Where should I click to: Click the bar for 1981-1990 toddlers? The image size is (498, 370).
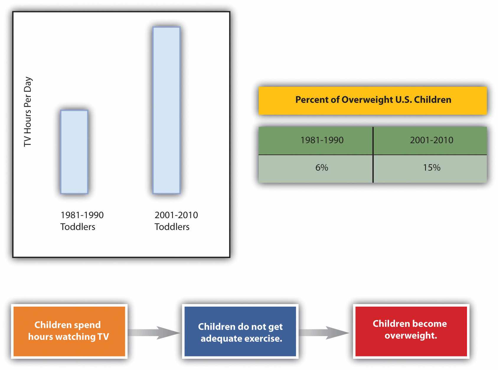coord(74,152)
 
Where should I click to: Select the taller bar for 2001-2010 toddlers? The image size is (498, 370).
coord(166,110)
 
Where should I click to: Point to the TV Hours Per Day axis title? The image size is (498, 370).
coord(28,111)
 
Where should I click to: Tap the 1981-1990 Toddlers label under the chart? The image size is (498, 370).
coord(82,221)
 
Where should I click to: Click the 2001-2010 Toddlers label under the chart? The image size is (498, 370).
coord(176,221)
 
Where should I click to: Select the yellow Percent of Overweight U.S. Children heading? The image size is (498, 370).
coord(373,101)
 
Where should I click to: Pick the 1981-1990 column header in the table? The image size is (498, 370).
coord(322,140)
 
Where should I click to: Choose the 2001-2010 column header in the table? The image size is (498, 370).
coord(431,140)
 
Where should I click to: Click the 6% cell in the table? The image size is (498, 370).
coord(321,168)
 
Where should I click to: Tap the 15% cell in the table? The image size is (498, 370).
coord(431,168)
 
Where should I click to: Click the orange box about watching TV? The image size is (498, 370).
coord(69,331)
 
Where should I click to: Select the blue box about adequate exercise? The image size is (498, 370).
coord(240,332)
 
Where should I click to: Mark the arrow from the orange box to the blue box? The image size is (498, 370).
coord(154,333)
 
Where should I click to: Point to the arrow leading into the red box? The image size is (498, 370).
coord(324,333)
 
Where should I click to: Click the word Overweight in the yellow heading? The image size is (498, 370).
coord(367,100)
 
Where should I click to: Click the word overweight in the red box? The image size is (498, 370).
coord(410,336)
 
